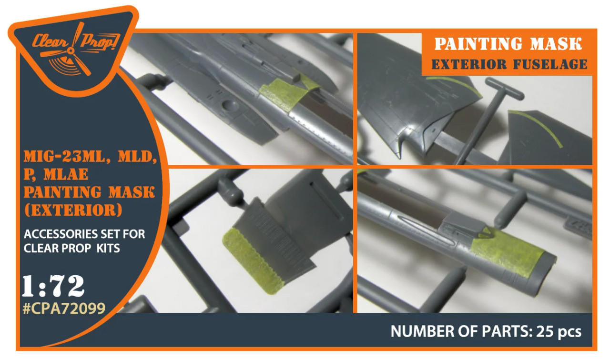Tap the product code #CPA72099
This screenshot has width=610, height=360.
click(64, 308)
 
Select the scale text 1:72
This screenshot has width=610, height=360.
click(53, 286)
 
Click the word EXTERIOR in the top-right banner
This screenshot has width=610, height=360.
click(469, 64)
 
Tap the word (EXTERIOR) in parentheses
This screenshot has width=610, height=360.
click(73, 210)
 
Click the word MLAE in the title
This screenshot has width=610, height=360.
click(66, 174)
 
